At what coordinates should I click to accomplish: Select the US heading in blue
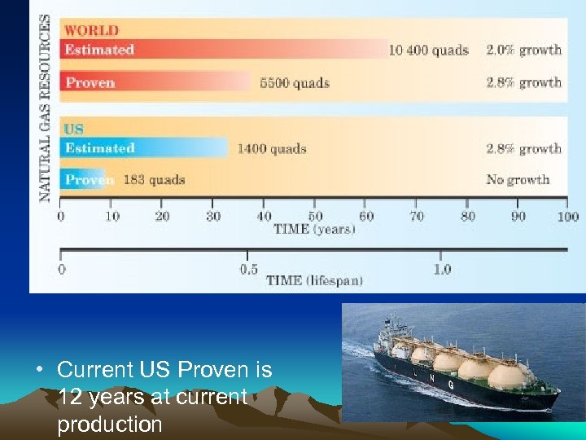coord(74,130)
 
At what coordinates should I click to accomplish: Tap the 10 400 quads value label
coord(428,50)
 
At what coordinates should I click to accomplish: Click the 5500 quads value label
coord(295,82)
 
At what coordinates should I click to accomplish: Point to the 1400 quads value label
coord(272,148)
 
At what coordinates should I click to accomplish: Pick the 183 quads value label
coord(154,179)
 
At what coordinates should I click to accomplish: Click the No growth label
coord(518,179)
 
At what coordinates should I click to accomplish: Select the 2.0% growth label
coord(523,50)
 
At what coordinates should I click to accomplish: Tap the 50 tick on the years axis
coord(314,216)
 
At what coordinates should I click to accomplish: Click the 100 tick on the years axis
coord(567,216)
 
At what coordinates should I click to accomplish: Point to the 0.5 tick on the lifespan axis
coord(249,268)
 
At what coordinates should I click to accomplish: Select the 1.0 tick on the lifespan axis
coord(442,268)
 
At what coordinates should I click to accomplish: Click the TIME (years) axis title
coord(314,229)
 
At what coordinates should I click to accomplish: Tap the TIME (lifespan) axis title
coord(314,280)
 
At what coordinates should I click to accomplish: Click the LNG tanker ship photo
coord(462,362)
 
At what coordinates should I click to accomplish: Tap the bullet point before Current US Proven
coord(38,371)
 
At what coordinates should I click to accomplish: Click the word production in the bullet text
coord(110,425)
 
